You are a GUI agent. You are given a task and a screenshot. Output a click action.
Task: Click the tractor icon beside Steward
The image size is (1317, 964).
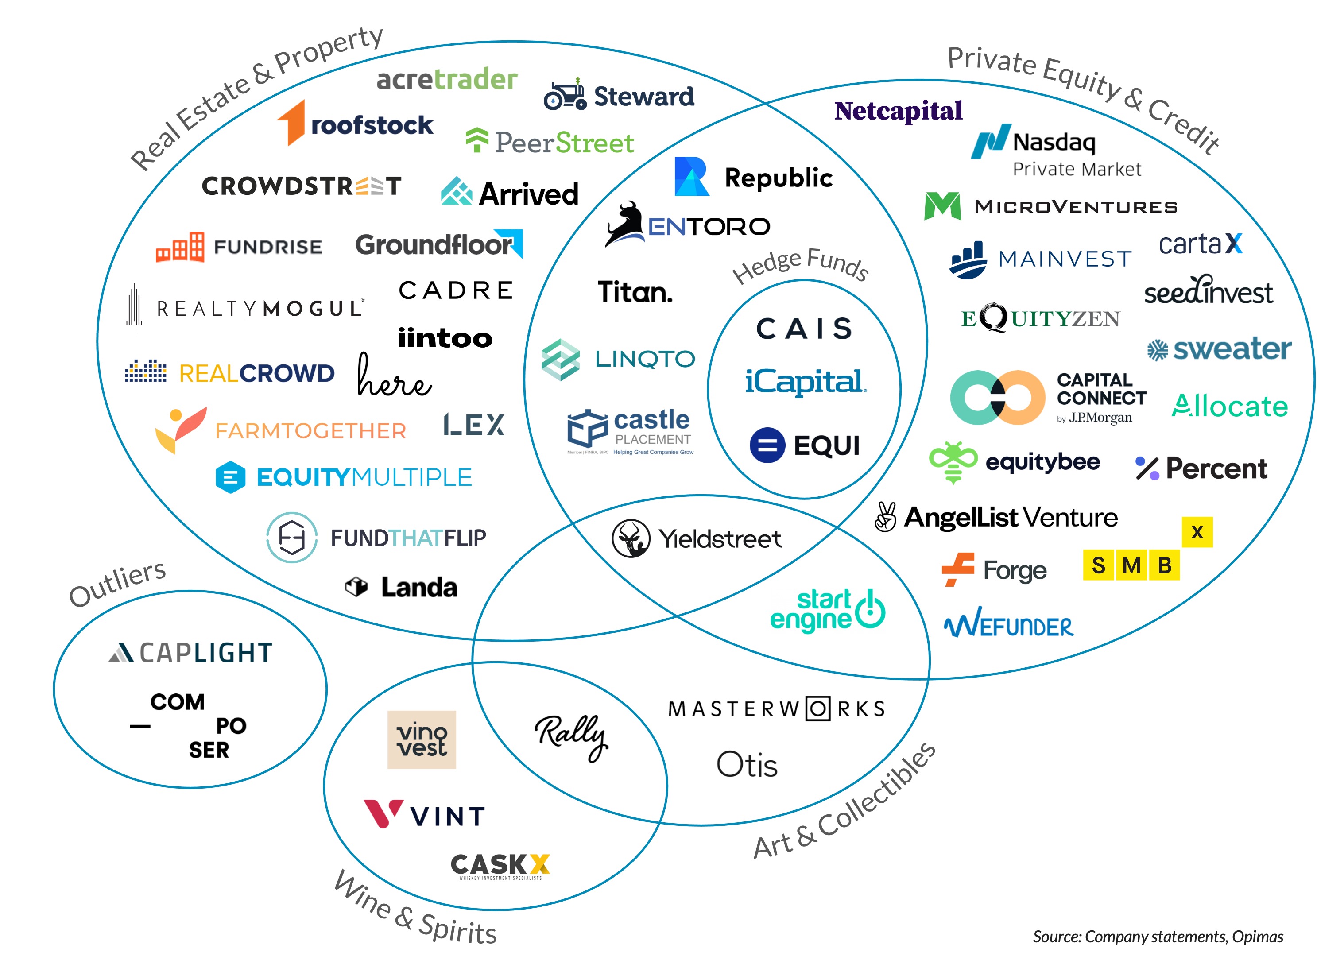point(564,95)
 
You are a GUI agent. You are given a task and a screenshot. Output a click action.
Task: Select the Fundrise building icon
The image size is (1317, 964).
point(180,248)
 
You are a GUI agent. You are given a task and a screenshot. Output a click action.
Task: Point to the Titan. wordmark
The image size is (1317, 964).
point(634,292)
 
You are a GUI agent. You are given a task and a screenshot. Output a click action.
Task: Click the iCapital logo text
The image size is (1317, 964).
point(805,382)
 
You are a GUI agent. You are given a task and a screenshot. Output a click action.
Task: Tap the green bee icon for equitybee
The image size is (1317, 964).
point(952,462)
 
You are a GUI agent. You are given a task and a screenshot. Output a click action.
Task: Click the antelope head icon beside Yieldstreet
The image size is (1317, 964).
point(630,538)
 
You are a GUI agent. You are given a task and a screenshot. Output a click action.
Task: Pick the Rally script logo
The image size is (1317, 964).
point(571,736)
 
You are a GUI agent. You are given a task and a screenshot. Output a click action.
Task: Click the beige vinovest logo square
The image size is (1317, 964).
point(421,739)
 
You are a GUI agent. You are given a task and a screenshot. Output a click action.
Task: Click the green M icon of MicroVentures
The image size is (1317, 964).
point(942,206)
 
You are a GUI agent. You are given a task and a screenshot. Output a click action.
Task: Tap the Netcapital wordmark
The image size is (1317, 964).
point(898,111)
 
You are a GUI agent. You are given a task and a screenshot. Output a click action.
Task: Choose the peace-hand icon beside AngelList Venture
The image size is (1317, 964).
point(885,517)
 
